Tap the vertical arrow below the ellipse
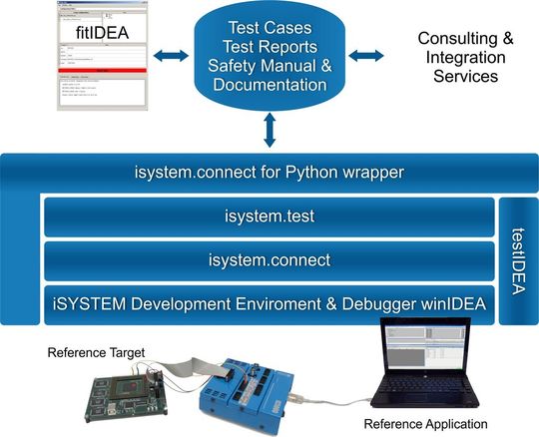268,128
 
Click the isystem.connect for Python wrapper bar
269,172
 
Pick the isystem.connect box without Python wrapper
269,260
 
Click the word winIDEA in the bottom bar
453,302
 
